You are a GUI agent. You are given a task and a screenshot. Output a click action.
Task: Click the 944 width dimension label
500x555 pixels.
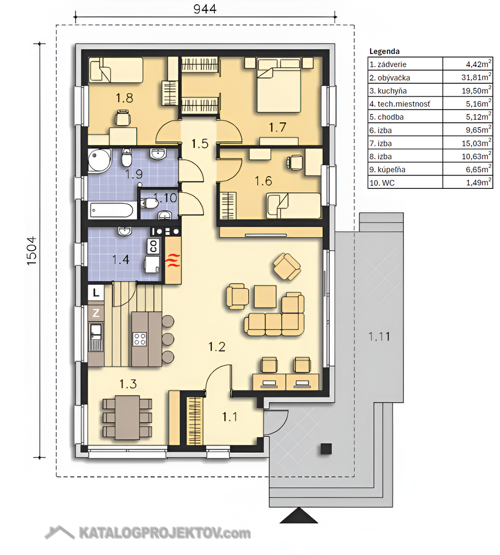[x=205, y=8]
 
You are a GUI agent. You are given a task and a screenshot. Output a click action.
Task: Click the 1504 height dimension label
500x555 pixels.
[x=31, y=251]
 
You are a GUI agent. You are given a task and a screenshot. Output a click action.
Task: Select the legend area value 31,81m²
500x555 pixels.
[x=476, y=77]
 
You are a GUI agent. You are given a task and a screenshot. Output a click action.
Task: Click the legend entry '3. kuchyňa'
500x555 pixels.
[x=388, y=91]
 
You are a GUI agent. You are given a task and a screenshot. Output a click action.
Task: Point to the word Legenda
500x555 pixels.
[x=385, y=51]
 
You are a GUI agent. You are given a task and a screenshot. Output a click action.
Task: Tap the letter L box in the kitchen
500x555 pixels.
[x=96, y=293]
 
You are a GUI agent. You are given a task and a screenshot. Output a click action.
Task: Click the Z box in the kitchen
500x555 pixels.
[x=96, y=313]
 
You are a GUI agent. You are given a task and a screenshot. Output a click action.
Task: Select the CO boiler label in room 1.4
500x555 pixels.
[x=154, y=246]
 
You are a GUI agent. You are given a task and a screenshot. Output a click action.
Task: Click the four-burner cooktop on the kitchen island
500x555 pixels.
[x=140, y=339]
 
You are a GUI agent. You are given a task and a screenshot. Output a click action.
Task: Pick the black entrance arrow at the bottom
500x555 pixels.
[x=299, y=515]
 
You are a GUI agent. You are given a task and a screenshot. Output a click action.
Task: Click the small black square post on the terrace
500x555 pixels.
[x=326, y=449]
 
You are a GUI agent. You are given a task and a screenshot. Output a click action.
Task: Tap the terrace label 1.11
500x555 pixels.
[x=379, y=336]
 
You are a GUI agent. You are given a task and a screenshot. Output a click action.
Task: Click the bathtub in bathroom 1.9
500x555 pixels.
[x=112, y=211]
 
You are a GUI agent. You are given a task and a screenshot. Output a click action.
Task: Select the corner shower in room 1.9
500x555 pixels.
[x=99, y=161]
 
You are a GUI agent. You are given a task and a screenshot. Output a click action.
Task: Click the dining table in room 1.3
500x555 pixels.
[x=127, y=417]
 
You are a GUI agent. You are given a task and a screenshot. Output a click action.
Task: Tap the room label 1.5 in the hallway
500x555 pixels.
[x=200, y=144]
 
